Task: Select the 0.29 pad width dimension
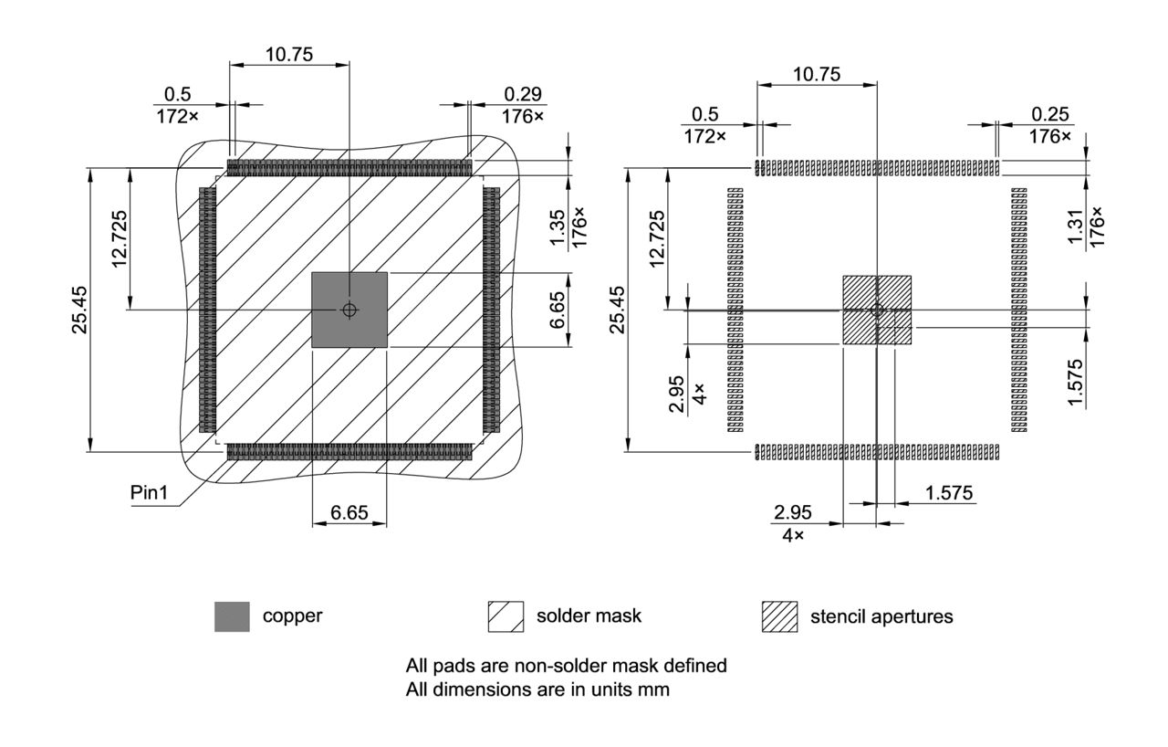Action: tap(522, 94)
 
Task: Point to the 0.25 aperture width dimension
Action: tap(1050, 113)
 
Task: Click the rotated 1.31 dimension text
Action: tap(1077, 226)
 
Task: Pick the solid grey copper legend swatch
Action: tap(232, 616)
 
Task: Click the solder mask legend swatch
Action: tap(506, 616)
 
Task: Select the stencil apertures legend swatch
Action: tap(779, 616)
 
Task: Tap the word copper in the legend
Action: tap(292, 616)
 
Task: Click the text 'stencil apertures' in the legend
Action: tap(881, 616)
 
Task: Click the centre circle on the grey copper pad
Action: tap(349, 310)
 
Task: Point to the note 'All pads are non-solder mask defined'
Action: tap(566, 666)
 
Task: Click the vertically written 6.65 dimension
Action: tap(557, 310)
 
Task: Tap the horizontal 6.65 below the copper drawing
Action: tap(349, 513)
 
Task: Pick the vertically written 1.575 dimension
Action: tap(1076, 383)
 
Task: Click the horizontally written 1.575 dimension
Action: tap(949, 493)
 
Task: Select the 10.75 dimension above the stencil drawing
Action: tap(817, 75)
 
